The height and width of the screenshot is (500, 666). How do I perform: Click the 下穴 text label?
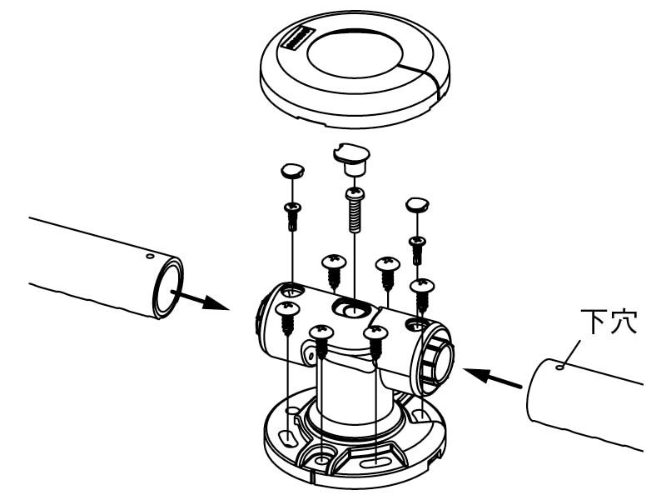[609, 322]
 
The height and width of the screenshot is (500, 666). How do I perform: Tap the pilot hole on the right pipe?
[560, 367]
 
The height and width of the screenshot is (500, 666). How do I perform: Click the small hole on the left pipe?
[149, 256]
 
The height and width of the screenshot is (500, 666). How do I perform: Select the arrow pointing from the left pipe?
[200, 300]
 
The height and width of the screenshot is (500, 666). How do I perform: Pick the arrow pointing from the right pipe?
[493, 378]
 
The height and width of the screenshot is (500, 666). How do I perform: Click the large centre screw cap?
[351, 159]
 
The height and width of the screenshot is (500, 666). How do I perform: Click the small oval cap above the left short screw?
[293, 170]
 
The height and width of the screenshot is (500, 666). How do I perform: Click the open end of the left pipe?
[168, 287]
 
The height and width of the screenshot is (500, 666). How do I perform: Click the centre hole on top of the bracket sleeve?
[350, 307]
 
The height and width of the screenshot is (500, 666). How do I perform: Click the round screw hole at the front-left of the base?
[322, 459]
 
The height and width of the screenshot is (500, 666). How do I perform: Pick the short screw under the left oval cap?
[293, 216]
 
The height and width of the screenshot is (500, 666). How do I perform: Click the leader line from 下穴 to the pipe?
[572, 352]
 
